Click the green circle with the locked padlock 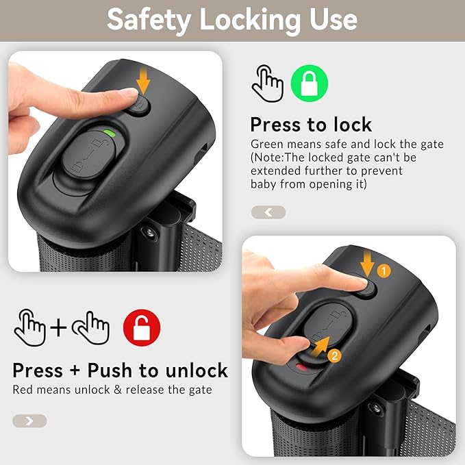tap(310, 84)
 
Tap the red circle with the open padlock tap(142, 327)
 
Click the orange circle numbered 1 tap(384, 271)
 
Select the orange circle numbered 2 tap(334, 355)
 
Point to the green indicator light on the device tap(109, 132)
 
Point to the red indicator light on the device tap(301, 367)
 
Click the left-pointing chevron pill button tap(268, 212)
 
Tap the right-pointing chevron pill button tap(29, 420)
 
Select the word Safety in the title tap(149, 20)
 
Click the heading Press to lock tap(311, 125)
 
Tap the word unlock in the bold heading tap(197, 370)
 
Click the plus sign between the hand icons tap(58, 328)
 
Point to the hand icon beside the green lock tap(268, 84)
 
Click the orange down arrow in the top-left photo tap(144, 80)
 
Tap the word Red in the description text tap(23, 390)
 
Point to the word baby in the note tap(264, 184)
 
